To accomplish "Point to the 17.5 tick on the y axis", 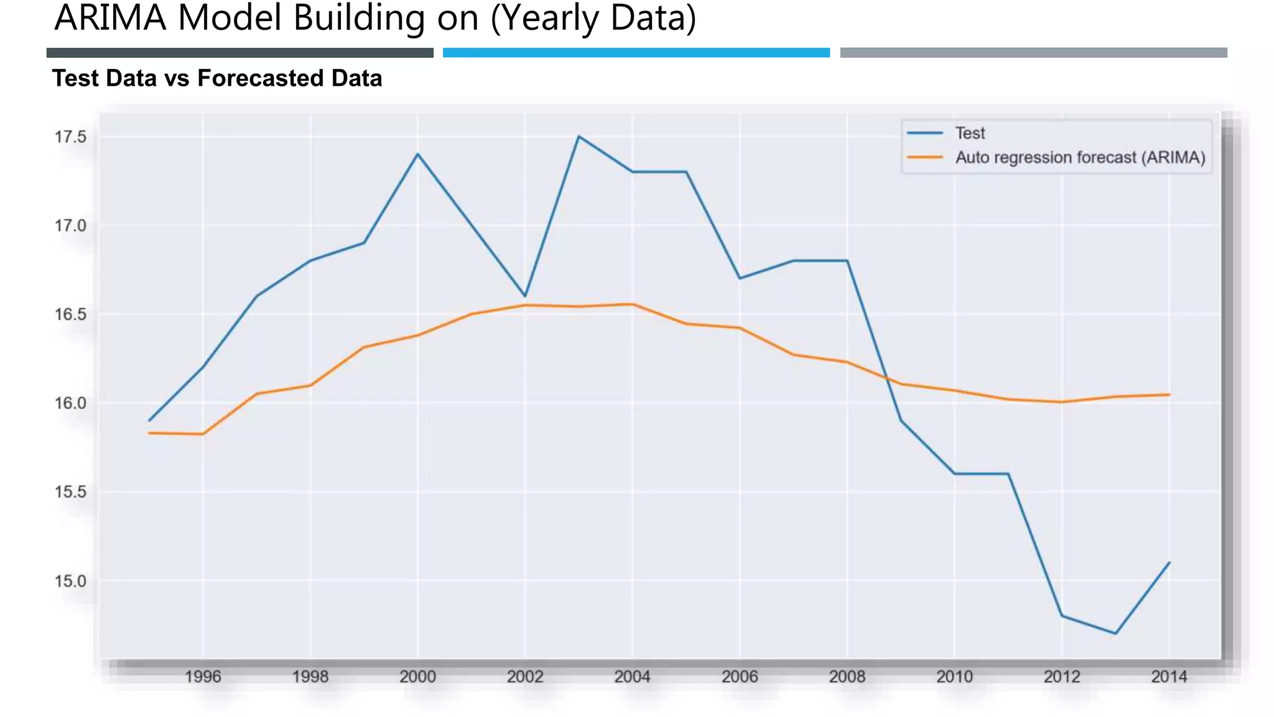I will [x=70, y=137].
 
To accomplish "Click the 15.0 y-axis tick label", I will [x=70, y=581].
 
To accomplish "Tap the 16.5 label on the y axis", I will [x=70, y=314].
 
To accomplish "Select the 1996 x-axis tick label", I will [x=203, y=677].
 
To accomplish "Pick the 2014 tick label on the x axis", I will [x=1169, y=677].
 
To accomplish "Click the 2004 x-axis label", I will [x=632, y=677].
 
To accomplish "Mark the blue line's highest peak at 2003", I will [x=579, y=136].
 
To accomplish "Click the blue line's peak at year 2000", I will [x=417, y=154].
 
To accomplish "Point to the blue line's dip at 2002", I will [x=525, y=296].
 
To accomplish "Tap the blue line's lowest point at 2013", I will [x=1115, y=634].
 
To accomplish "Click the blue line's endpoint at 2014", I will [x=1169, y=563].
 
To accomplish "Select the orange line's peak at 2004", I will [x=633, y=304].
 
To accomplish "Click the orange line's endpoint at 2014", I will [x=1169, y=395].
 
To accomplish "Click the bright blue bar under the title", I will [x=636, y=53].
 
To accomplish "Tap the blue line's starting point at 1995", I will [x=149, y=421].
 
